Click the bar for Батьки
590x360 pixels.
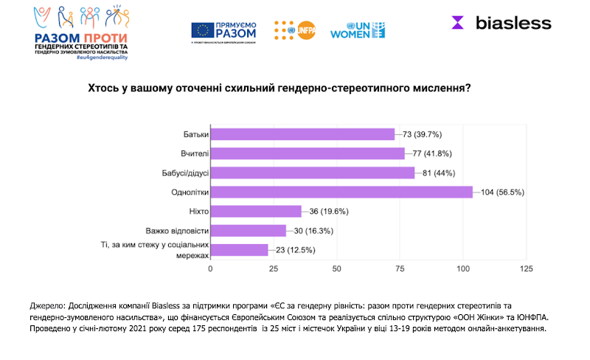pyautogui.click(x=302, y=134)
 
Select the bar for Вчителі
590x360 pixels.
pyautogui.click(x=308, y=153)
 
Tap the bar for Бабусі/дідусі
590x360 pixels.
pyautogui.click(x=313, y=173)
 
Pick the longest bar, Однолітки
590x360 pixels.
pyautogui.click(x=341, y=192)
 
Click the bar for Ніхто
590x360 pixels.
pyautogui.click(x=256, y=211)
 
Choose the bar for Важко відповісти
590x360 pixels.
pyautogui.click(x=249, y=230)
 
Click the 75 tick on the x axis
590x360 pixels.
pyautogui.click(x=400, y=269)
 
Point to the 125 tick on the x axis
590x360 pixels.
pyautogui.click(x=526, y=269)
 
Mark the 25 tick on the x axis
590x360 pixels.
pyautogui.click(x=274, y=269)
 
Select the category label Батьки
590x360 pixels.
pyautogui.click(x=195, y=134)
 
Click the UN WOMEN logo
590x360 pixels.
pyautogui.click(x=358, y=30)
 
